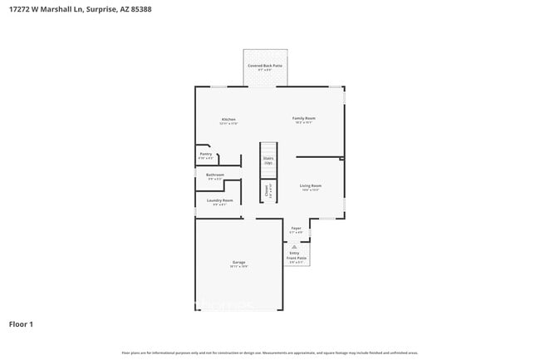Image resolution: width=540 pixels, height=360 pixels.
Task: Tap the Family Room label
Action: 303,118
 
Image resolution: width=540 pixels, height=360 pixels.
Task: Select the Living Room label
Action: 310,185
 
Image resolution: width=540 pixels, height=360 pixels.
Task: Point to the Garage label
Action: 238,263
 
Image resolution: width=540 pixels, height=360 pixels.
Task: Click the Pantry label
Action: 206,154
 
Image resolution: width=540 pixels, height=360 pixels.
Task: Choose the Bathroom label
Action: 215,175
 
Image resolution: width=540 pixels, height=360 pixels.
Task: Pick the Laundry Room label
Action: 220,200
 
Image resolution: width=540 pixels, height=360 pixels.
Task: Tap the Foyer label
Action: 296,228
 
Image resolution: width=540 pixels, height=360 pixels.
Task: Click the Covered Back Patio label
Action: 265,65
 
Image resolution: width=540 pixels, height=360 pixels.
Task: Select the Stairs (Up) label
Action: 268,160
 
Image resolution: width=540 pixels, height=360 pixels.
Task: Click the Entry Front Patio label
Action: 297,257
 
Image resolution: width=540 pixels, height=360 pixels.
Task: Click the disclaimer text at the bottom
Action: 269,353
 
